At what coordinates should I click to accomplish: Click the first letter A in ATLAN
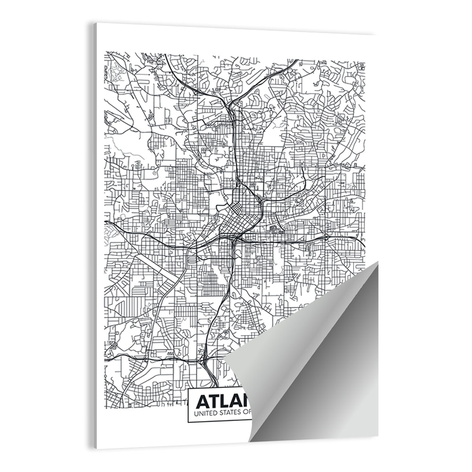203,402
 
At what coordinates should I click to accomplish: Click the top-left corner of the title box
188,389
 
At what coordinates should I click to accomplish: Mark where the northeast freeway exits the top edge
297,60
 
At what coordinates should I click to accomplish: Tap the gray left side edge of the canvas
95,236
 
